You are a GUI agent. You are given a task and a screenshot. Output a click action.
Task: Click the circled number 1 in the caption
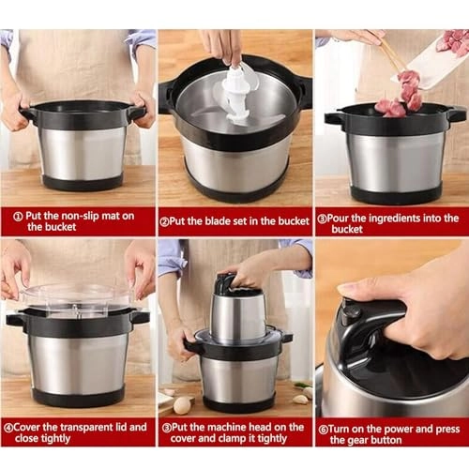click(16, 215)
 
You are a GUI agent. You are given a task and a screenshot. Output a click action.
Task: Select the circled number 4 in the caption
click(8, 427)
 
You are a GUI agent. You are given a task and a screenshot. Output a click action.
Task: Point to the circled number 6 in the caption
click(322, 427)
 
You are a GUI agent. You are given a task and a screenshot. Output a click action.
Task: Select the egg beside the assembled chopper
click(182, 405)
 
